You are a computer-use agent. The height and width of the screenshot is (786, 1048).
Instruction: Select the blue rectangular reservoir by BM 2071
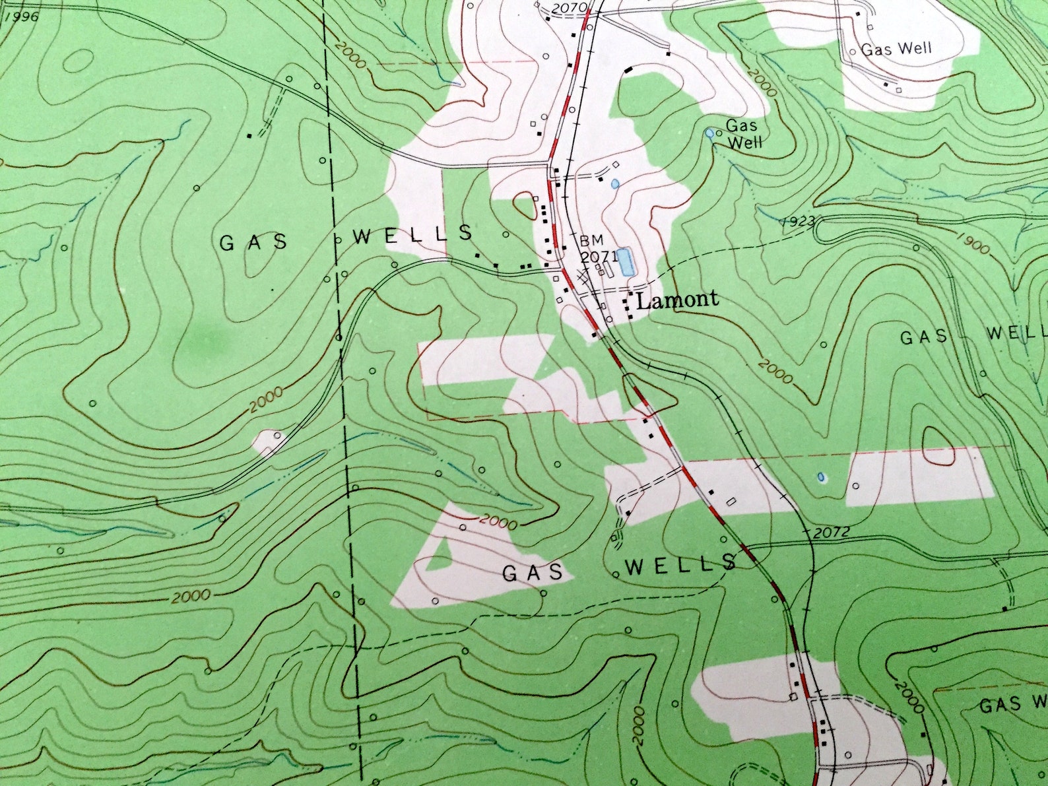pos(625,261)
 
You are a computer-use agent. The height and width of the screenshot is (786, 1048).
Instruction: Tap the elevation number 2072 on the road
pos(831,532)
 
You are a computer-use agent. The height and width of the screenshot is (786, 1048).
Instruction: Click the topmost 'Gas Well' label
pos(896,49)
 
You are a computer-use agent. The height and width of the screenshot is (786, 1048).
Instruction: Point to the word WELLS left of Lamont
pos(413,234)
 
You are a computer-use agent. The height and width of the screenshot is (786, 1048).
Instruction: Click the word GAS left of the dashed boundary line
pos(253,243)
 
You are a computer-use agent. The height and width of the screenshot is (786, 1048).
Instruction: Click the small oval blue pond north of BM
pos(615,184)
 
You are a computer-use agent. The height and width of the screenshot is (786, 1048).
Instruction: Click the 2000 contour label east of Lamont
pos(774,371)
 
